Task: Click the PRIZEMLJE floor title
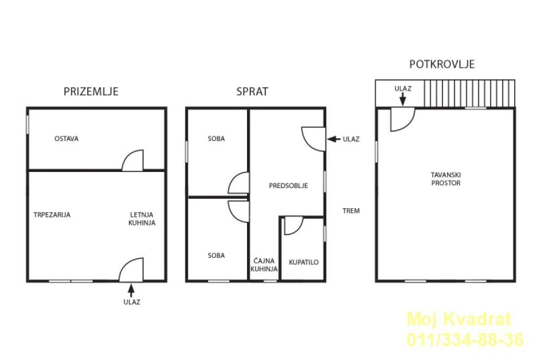pyautogui.click(x=91, y=91)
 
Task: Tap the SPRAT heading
pyautogui.click(x=252, y=91)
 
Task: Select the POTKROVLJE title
pyautogui.click(x=442, y=64)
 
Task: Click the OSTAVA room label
pyautogui.click(x=66, y=139)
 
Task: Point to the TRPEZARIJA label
pyautogui.click(x=52, y=214)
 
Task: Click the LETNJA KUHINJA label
pyautogui.click(x=142, y=219)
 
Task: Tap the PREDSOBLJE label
pyautogui.click(x=288, y=186)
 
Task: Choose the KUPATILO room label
pyautogui.click(x=304, y=262)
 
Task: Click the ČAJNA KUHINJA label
pyautogui.click(x=264, y=265)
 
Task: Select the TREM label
pyautogui.click(x=351, y=211)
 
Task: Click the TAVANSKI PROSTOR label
pyautogui.click(x=446, y=179)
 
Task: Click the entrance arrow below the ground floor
pyautogui.click(x=131, y=291)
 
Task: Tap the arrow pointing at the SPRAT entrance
pyautogui.click(x=334, y=139)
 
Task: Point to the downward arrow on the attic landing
pyautogui.click(x=403, y=99)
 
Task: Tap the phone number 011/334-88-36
pyautogui.click(x=465, y=339)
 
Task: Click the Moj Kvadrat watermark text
pyautogui.click(x=459, y=319)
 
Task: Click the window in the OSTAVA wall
pyautogui.click(x=28, y=125)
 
